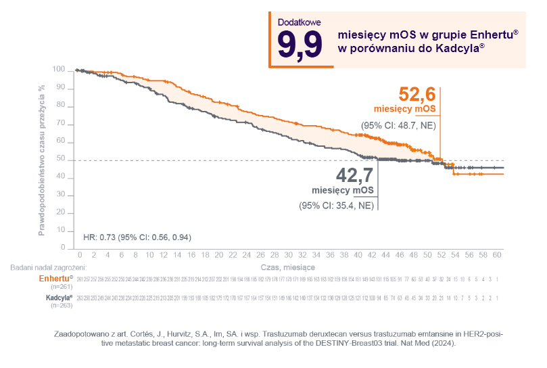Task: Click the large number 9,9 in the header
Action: [299, 46]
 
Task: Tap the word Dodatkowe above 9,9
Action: [299, 22]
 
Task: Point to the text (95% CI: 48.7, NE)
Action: [398, 125]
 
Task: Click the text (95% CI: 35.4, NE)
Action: [336, 205]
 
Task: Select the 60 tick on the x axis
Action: [497, 255]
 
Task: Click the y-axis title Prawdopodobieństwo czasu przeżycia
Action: [42, 160]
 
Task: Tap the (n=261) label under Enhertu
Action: [62, 287]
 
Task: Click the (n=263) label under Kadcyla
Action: [62, 306]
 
